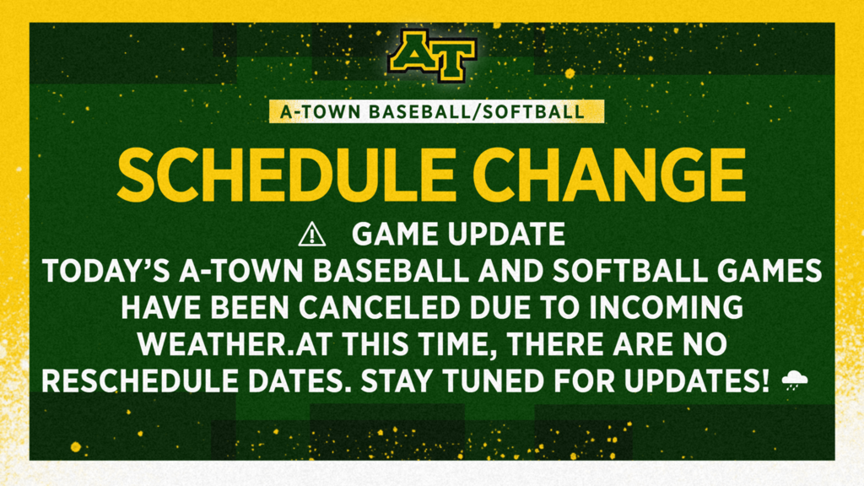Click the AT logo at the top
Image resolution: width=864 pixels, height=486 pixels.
coord(431,57)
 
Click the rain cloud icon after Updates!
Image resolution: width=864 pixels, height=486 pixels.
coord(794,381)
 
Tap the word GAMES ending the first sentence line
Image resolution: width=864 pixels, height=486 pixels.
coord(765,272)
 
